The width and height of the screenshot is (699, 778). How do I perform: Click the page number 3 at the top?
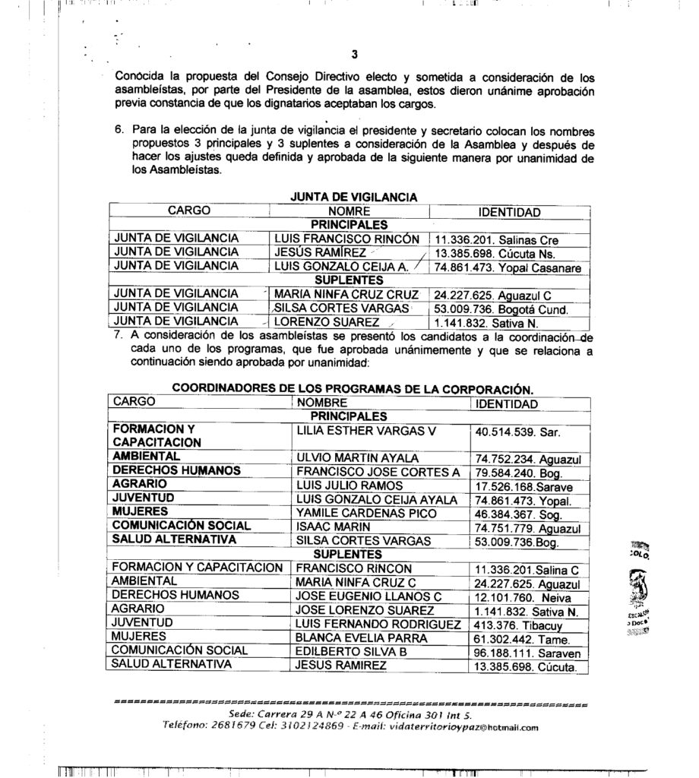[x=354, y=53]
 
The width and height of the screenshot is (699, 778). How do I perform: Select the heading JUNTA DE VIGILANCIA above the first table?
[x=354, y=197]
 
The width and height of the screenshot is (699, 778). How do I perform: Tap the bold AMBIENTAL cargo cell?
[x=146, y=456]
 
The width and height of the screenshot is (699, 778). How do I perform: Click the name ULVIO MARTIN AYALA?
[x=346, y=457]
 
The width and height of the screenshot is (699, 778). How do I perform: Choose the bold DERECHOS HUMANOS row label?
[x=176, y=470]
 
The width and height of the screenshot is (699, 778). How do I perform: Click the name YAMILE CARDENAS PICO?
[x=359, y=513]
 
